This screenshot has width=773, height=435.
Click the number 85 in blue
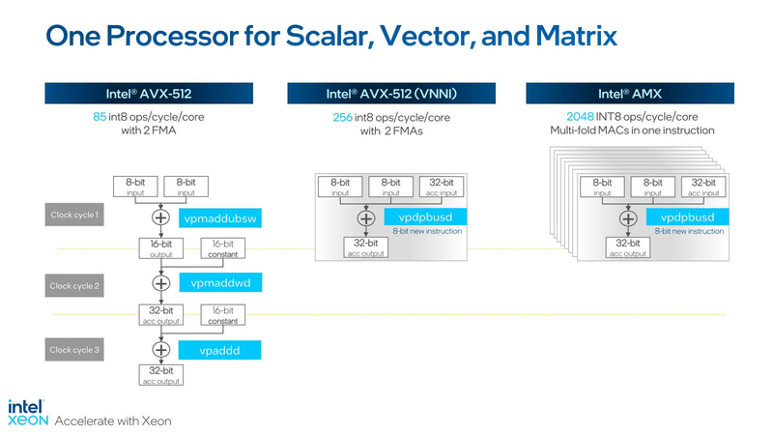pyautogui.click(x=87, y=117)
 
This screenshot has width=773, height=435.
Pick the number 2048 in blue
pyautogui.click(x=566, y=117)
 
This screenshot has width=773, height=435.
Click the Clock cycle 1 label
pyautogui.click(x=75, y=215)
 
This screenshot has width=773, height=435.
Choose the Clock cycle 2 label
pyautogui.click(x=75, y=285)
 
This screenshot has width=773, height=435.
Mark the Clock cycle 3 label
pyautogui.click(x=75, y=349)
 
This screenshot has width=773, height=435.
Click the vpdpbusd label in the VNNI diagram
pyautogui.click(x=425, y=217)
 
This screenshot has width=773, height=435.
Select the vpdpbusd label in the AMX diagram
pyautogui.click(x=686, y=217)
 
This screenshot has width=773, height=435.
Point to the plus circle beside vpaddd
pyautogui.click(x=160, y=349)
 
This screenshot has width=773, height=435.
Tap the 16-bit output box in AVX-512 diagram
pyautogui.click(x=160, y=249)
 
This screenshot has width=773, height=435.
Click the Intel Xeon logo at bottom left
pyautogui.click(x=28, y=412)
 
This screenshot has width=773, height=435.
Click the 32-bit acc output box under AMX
pyautogui.click(x=628, y=248)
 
